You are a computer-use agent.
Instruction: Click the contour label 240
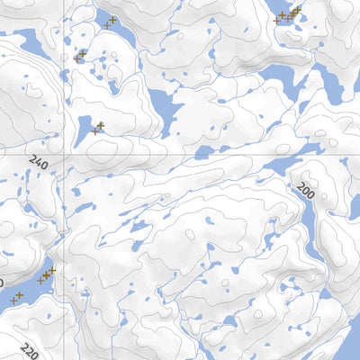(x=38, y=163)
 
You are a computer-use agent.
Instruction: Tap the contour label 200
(x=306, y=188)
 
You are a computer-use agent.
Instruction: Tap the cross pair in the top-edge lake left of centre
(x=110, y=22)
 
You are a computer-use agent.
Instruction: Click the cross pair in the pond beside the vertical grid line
(x=97, y=128)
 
